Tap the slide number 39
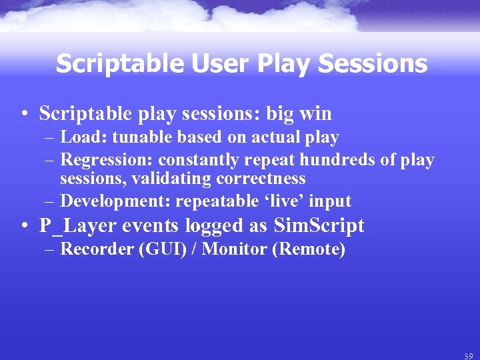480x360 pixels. [x=469, y=356]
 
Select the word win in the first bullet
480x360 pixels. [x=315, y=113]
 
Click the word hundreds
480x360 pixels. [x=338, y=160]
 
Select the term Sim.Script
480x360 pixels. [x=319, y=226]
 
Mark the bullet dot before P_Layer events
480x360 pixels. [x=24, y=227]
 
